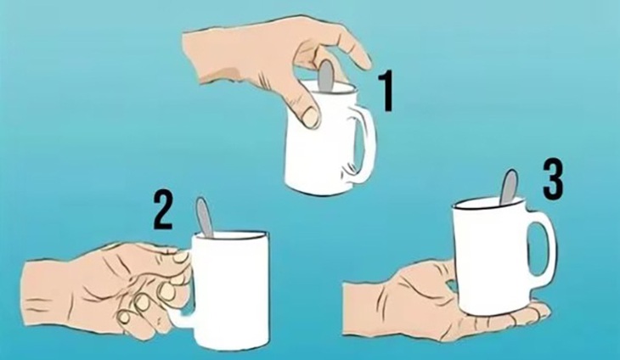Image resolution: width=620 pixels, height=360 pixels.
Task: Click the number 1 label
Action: [x=386, y=92]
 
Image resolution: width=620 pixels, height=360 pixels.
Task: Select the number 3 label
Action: [x=552, y=180]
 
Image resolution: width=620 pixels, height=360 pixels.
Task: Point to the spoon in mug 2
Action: [x=205, y=217]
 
